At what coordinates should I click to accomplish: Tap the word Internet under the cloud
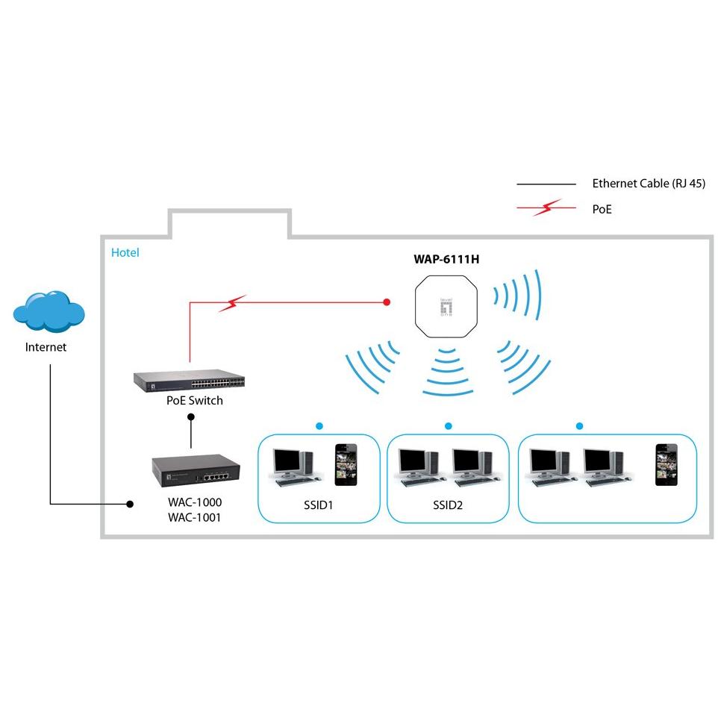tap(46, 347)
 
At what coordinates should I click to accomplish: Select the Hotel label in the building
tap(125, 253)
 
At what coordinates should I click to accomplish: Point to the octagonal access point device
tap(447, 308)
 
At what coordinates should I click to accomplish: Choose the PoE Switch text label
tap(194, 401)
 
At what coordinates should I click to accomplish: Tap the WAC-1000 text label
tap(194, 502)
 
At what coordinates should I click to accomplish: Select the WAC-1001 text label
tap(194, 517)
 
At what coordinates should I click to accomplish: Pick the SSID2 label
tap(448, 505)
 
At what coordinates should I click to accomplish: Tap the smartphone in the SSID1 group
tap(345, 462)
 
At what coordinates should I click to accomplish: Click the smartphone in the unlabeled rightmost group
tap(666, 465)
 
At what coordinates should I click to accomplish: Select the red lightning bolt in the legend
tap(546, 210)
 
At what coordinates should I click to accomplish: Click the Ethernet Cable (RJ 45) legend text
tap(648, 184)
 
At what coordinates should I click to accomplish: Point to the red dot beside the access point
tap(387, 302)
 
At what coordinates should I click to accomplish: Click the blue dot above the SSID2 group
tap(448, 426)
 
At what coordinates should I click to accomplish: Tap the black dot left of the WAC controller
tap(130, 505)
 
